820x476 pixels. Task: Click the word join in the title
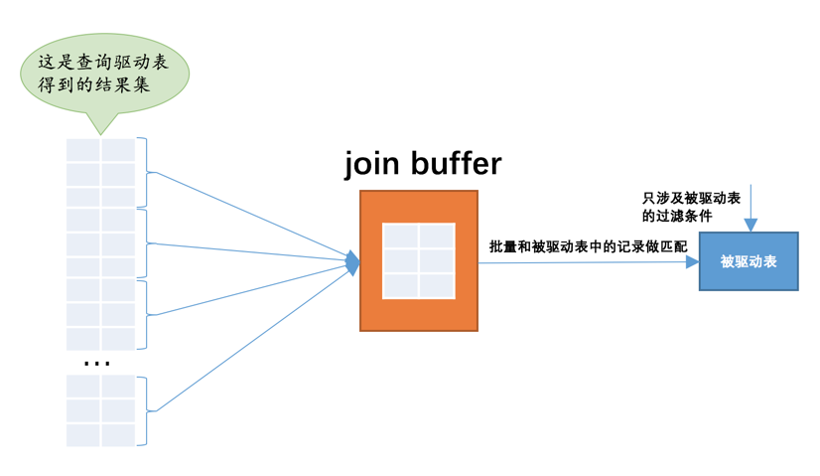click(371, 164)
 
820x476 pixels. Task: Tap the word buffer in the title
click(453, 164)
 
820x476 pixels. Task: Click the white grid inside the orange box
click(419, 260)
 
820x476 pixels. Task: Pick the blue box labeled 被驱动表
click(749, 261)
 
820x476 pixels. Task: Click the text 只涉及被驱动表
click(692, 199)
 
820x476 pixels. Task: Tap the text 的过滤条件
click(677, 216)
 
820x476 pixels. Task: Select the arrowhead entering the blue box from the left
click(693, 262)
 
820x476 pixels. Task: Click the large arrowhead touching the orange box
click(352, 262)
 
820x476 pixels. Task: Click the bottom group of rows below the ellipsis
click(100, 410)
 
